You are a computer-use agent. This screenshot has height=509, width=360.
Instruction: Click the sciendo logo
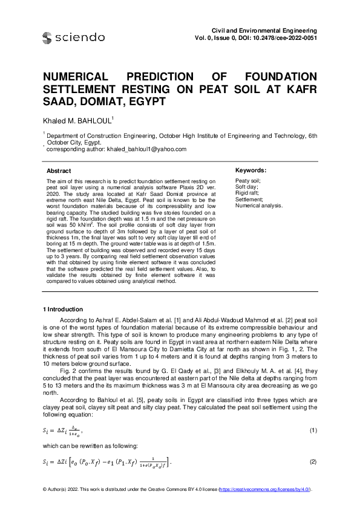[x=73, y=38]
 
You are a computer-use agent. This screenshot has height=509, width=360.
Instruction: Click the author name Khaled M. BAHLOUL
[x=77, y=122]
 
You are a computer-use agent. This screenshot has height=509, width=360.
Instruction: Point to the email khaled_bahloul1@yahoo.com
[x=146, y=149]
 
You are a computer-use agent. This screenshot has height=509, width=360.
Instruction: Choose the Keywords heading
[x=250, y=171]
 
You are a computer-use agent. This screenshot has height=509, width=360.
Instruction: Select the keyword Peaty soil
[x=247, y=181]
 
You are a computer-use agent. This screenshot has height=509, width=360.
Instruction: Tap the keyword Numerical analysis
[x=259, y=206]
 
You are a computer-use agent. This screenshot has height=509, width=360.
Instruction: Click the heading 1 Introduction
[x=67, y=310]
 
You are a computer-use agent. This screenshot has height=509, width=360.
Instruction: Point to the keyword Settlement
[x=249, y=199]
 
